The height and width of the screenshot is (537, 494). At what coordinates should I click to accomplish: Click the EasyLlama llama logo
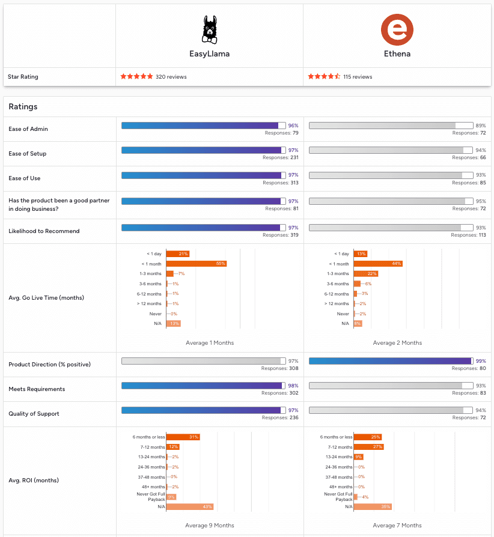209,29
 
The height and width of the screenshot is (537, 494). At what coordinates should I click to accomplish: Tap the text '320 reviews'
171,77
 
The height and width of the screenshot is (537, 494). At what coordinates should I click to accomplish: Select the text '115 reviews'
358,77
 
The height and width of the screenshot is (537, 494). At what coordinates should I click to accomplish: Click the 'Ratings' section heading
23,106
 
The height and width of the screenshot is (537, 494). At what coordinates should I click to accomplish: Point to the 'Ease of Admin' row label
28,129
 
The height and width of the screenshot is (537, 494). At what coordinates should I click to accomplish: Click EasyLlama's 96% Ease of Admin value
293,126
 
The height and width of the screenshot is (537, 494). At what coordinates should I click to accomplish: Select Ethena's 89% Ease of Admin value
481,126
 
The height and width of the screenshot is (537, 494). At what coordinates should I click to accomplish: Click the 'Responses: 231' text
281,157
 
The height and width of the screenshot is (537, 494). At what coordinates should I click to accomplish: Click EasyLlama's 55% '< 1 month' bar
196,264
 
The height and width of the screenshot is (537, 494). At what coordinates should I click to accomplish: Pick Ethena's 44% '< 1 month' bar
378,264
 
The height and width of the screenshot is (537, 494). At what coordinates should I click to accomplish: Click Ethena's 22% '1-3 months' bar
366,273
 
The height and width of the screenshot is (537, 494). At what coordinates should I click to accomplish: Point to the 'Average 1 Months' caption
210,343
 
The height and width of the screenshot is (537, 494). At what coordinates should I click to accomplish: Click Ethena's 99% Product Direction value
481,361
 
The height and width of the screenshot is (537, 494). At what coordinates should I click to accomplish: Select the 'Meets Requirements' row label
37,389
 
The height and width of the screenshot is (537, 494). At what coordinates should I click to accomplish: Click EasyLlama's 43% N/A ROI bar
190,506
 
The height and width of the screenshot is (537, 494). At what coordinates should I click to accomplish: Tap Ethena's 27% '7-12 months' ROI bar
368,447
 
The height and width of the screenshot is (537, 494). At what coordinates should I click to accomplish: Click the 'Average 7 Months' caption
397,526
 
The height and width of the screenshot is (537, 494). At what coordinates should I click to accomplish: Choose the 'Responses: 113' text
469,235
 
